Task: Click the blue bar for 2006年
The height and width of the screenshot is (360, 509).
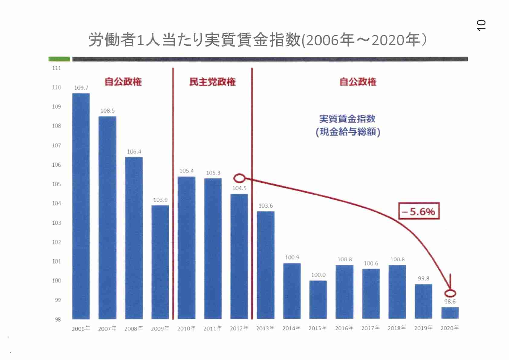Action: (x=81, y=206)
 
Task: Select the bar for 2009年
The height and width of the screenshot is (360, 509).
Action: (x=160, y=262)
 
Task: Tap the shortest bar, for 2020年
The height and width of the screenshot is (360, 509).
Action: (x=450, y=313)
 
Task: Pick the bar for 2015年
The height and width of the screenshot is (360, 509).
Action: (x=318, y=299)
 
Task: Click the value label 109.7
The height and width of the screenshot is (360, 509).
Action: (x=81, y=88)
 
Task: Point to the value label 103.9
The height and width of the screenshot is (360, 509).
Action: (x=160, y=200)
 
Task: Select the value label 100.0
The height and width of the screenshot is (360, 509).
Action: (x=318, y=275)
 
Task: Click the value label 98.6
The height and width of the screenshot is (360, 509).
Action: (x=450, y=302)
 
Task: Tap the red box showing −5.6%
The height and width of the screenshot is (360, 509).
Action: (x=419, y=211)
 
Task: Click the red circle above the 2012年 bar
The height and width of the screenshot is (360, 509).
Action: (x=239, y=178)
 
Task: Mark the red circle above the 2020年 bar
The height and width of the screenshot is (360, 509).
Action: (x=450, y=293)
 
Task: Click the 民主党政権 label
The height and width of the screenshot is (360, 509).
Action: (x=212, y=82)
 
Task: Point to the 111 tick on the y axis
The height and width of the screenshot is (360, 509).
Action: (x=57, y=68)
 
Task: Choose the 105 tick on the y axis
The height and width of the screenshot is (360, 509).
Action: (x=57, y=184)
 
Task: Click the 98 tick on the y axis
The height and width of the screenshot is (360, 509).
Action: (x=58, y=319)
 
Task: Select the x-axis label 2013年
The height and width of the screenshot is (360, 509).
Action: (x=265, y=328)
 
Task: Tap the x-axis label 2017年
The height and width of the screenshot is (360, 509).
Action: (x=371, y=328)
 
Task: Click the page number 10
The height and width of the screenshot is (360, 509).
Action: (x=481, y=25)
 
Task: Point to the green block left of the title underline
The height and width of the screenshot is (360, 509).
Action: (x=59, y=59)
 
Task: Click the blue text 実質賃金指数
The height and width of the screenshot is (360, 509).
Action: (x=347, y=119)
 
